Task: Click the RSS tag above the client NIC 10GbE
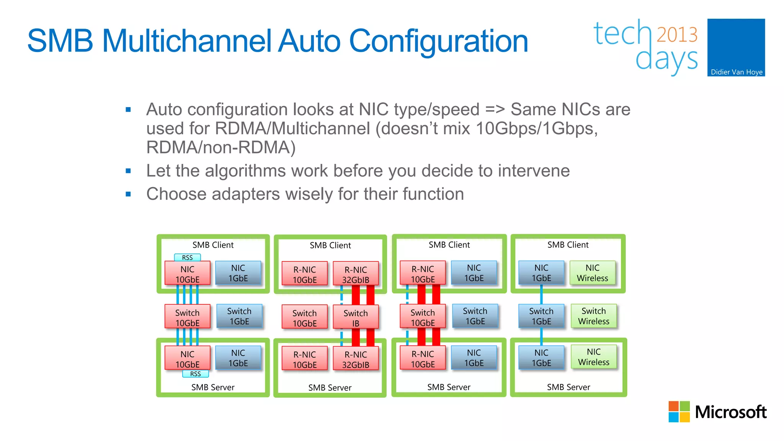(187, 257)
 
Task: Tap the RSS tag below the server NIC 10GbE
(195, 374)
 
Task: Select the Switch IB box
(356, 318)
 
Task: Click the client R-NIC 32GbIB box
(356, 274)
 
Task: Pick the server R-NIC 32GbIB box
(356, 359)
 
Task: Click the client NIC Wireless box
(592, 273)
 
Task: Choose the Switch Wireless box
(593, 316)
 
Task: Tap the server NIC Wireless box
(593, 356)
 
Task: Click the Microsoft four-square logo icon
(679, 412)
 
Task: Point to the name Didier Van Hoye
(736, 72)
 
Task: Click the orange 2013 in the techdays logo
(677, 34)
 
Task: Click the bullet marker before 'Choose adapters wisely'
(128, 194)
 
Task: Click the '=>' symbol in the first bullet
(495, 109)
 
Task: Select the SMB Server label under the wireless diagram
(568, 387)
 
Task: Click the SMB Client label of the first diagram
(213, 245)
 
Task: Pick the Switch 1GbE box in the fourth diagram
(541, 316)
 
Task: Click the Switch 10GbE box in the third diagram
(423, 317)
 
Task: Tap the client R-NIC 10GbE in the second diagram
(305, 274)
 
